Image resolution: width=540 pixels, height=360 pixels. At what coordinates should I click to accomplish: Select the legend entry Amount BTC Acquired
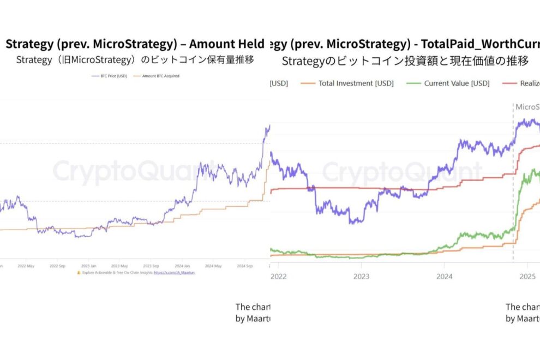coord(160,76)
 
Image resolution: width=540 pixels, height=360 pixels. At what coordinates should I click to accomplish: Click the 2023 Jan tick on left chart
coord(89,266)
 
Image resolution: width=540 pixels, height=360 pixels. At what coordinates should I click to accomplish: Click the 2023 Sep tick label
coord(152,266)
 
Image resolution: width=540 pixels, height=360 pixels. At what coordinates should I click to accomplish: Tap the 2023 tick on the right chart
coord(361,277)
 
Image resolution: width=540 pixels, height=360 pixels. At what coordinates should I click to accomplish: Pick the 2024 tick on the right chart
coord(445,277)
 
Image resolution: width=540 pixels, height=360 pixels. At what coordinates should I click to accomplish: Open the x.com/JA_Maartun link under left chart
coord(174,272)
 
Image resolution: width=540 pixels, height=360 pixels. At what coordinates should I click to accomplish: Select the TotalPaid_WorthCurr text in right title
coord(480,44)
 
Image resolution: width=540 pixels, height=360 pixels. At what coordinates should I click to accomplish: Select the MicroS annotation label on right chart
coord(527,107)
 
